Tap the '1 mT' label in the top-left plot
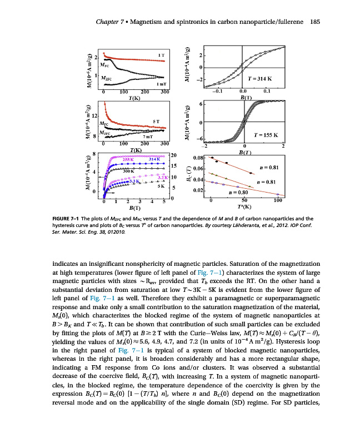point(158,83)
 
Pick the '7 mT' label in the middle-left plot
point(147,137)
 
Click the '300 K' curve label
point(129,170)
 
